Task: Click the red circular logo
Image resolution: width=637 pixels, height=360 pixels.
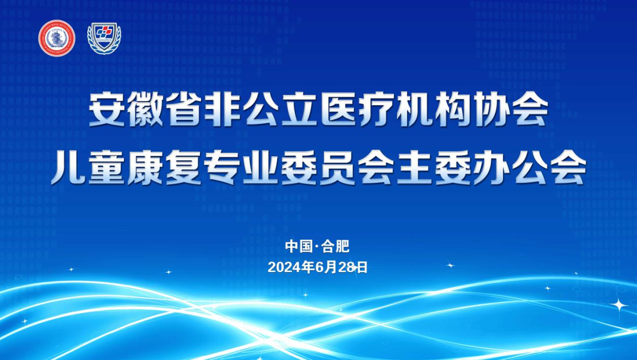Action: click(57, 38)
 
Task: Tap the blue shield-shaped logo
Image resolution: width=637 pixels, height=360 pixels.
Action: click(104, 38)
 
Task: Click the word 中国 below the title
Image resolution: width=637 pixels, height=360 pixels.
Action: click(297, 246)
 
